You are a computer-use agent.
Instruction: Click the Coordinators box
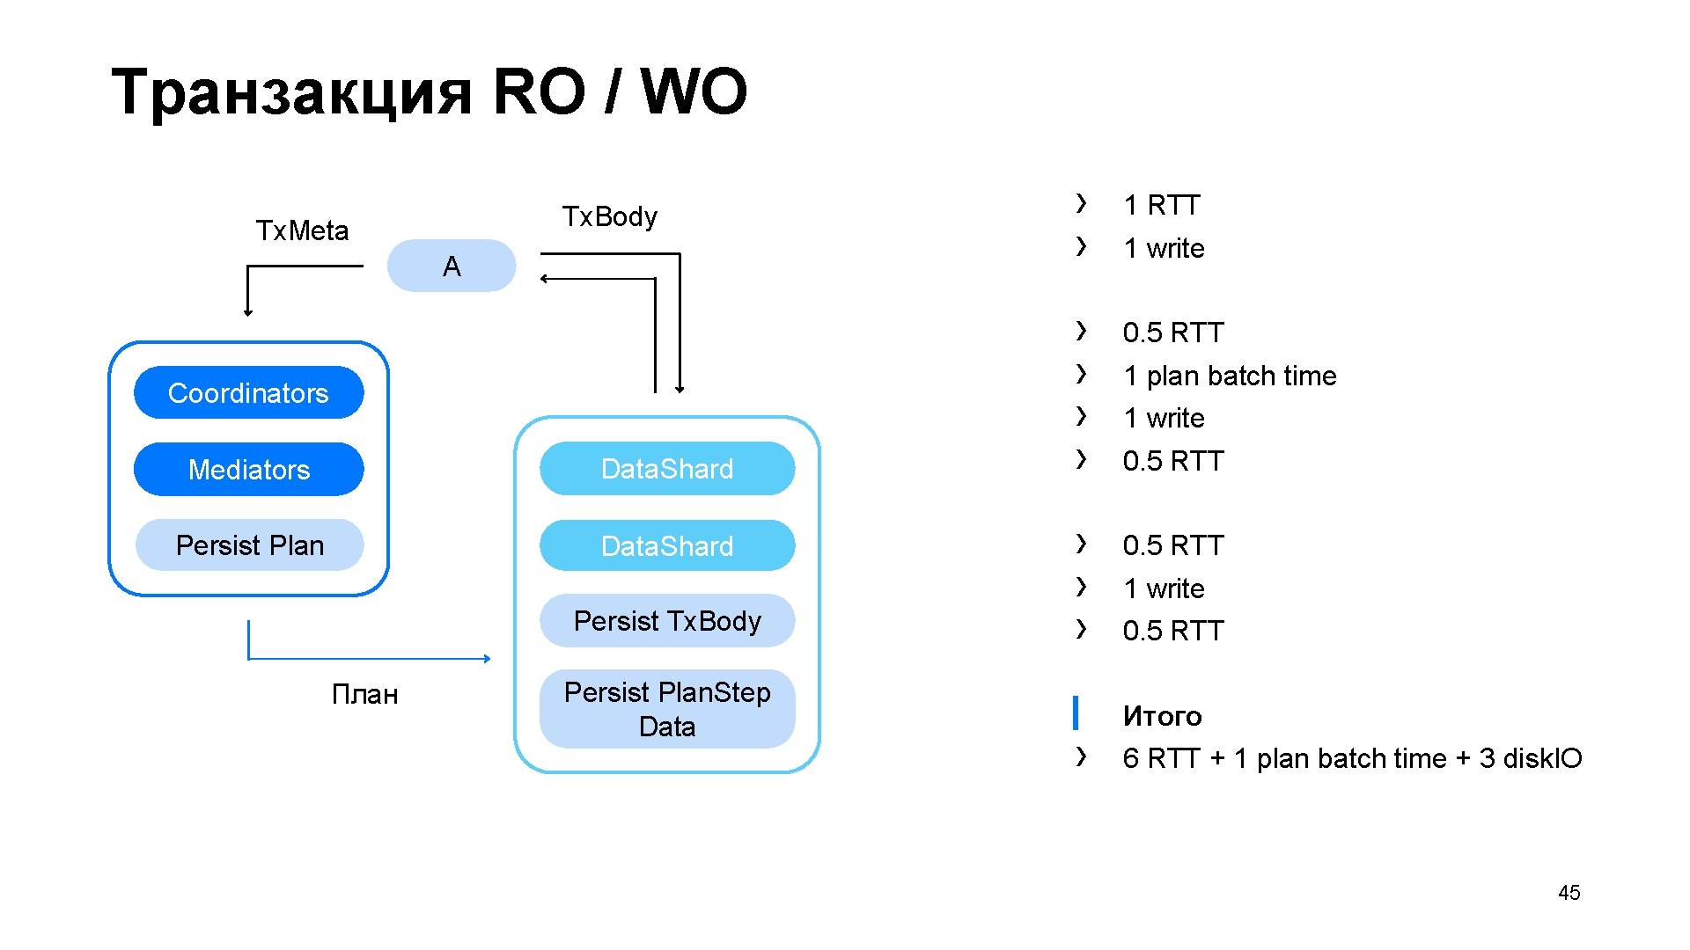(x=248, y=392)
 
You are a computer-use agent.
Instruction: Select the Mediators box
(x=248, y=469)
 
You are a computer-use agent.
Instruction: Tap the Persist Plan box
(x=249, y=545)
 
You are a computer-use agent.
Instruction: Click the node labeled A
(x=452, y=266)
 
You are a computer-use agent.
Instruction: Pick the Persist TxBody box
(x=667, y=621)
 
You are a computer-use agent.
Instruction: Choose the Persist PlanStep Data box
(x=667, y=709)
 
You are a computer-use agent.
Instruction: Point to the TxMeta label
(x=302, y=230)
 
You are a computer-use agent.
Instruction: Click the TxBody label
(x=610, y=216)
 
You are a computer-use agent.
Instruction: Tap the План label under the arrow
(x=365, y=695)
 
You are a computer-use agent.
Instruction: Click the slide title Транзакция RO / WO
(x=430, y=91)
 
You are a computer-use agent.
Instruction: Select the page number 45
(x=1569, y=893)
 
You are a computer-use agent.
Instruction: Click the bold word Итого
(x=1162, y=716)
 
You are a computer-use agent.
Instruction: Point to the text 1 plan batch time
(x=1230, y=376)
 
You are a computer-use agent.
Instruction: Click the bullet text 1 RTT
(x=1162, y=205)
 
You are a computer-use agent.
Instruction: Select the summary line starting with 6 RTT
(x=1352, y=758)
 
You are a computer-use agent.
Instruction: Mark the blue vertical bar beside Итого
(x=1076, y=712)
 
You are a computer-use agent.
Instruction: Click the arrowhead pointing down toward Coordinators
(x=248, y=311)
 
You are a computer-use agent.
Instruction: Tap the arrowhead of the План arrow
(x=487, y=658)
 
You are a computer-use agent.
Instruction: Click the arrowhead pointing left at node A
(x=545, y=279)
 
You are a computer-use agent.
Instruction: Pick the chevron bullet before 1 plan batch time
(x=1082, y=374)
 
